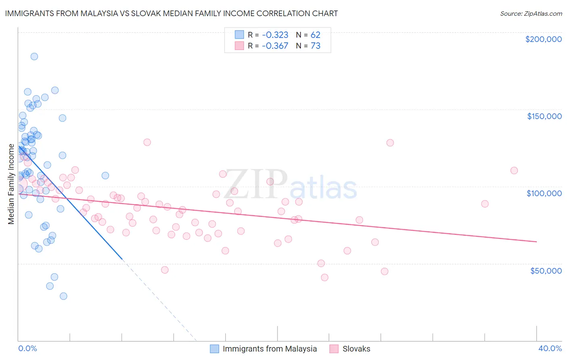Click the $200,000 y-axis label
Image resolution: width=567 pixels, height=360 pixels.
tap(543, 39)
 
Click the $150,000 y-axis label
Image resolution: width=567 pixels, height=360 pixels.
tap(544, 116)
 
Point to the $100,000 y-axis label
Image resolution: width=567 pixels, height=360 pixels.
tap(544, 193)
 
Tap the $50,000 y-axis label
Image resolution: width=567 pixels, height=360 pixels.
tap(546, 270)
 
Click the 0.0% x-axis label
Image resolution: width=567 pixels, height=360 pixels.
tap(27, 348)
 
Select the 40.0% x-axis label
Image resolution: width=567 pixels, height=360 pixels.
tap(550, 348)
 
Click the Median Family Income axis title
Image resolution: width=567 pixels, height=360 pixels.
tap(11, 184)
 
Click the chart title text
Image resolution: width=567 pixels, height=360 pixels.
tap(171, 13)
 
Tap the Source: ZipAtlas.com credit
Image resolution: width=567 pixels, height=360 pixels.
tap(531, 13)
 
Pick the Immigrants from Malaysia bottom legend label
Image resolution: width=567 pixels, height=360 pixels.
tap(269, 349)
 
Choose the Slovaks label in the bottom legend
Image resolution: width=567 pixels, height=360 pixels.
tap(356, 349)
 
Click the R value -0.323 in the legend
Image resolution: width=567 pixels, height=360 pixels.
tap(275, 35)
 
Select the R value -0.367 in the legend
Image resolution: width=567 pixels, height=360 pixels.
tap(275, 46)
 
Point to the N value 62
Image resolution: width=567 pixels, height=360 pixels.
tap(315, 35)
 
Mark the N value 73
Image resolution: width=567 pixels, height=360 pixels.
tap(315, 46)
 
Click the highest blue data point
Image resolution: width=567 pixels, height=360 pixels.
tap(34, 57)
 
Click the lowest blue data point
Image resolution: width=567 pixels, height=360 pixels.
tap(63, 296)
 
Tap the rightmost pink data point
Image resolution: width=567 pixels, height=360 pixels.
tap(514, 170)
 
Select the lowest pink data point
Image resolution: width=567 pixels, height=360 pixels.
tap(325, 277)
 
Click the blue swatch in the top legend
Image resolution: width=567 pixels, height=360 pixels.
tap(240, 35)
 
